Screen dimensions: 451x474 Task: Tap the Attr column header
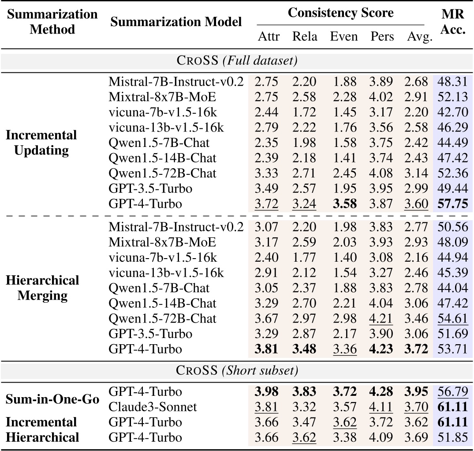[269, 37]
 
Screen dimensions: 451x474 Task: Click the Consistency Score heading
[340, 13]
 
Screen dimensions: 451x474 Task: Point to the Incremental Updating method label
[41, 142]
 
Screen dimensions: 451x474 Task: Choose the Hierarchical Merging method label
[43, 288]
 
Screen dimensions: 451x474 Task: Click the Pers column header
[382, 37]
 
